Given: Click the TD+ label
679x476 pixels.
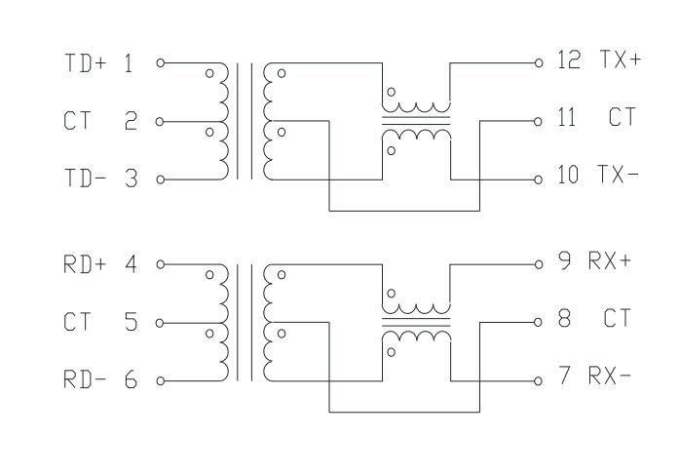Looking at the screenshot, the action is tap(86, 62).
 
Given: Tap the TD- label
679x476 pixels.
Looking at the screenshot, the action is tap(86, 178).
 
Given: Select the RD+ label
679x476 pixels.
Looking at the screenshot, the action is tap(85, 264).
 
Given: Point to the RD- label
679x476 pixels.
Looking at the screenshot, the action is tap(85, 378).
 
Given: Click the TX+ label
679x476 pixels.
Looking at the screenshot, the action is tap(621, 59).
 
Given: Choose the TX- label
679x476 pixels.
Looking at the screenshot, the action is tap(618, 175).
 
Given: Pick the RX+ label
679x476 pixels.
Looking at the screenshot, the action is tap(610, 260).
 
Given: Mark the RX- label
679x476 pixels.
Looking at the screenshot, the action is tap(610, 376).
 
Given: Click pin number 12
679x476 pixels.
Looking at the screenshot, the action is tap(569, 59).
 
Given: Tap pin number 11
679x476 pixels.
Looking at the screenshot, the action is tap(567, 117).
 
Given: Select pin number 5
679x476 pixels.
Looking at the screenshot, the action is tap(132, 322).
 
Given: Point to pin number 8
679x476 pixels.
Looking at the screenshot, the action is tap(564, 318).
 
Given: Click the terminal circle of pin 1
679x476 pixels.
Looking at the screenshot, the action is tap(160, 62).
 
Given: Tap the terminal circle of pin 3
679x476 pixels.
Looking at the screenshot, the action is tap(160, 179).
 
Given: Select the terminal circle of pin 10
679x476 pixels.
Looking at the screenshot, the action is tap(539, 179).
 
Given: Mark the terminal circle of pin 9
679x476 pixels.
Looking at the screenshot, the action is tap(539, 264).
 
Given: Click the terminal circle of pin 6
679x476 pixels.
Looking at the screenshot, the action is tap(160, 381).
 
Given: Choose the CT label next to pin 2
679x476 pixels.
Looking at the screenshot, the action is tap(78, 121).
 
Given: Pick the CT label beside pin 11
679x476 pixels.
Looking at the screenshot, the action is tap(622, 117).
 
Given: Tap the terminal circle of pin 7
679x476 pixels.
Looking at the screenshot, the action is tap(539, 381).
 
